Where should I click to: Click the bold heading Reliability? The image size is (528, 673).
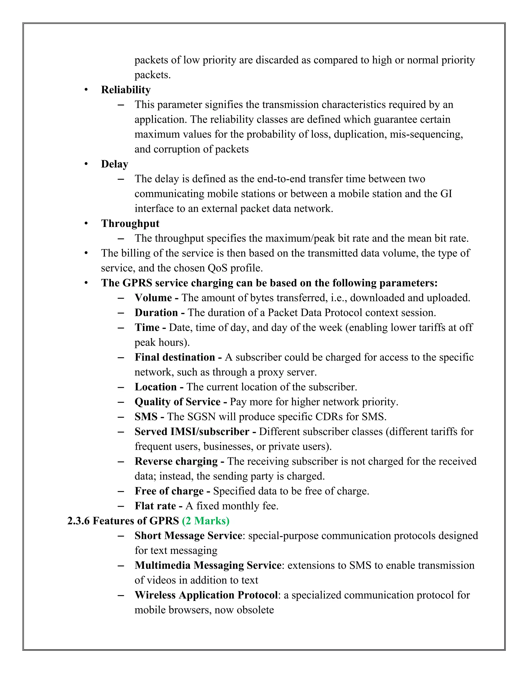tap(126, 90)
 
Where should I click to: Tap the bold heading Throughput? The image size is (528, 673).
tap(130, 223)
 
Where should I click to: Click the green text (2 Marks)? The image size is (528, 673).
tap(205, 521)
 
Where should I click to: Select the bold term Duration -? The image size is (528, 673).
tap(160, 312)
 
